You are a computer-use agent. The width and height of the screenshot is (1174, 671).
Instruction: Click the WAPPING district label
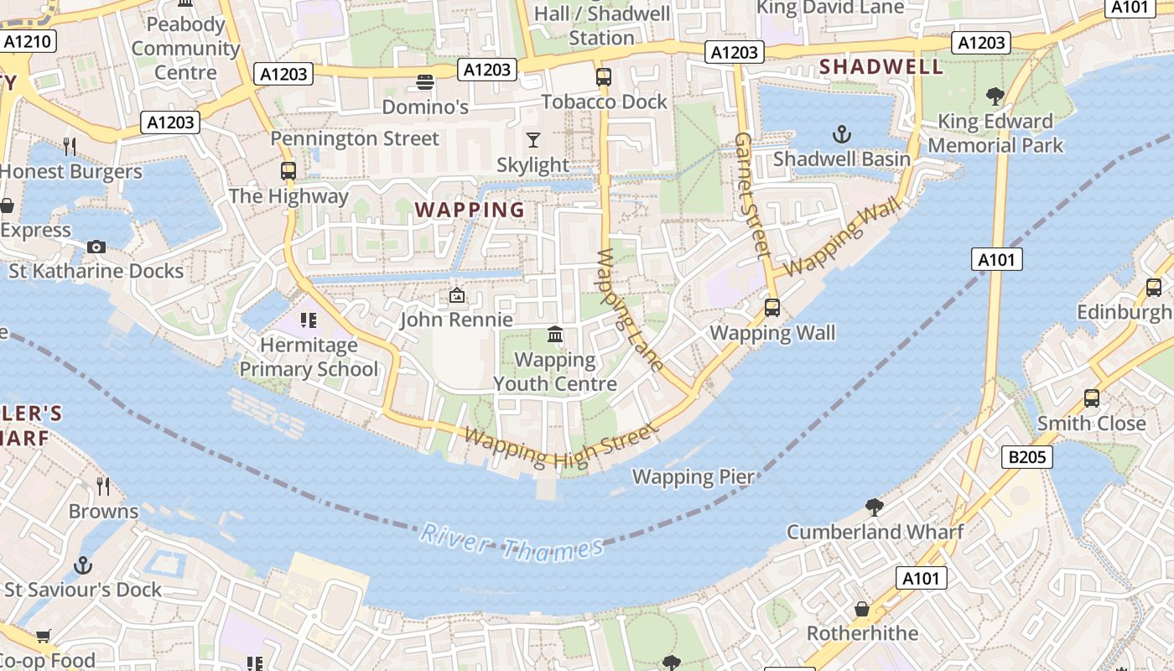coord(470,210)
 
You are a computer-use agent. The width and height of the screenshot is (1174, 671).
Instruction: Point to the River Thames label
coord(512,542)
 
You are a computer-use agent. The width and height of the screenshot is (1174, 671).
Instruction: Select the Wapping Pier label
coord(693,476)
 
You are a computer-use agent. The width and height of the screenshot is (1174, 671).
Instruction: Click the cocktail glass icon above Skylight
coord(532,139)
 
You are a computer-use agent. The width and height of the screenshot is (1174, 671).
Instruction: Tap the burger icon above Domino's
coord(425,82)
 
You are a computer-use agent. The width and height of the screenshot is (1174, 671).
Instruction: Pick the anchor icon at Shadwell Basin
coord(841,134)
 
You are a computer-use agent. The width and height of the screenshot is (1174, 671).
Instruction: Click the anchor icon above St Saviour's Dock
coord(82,565)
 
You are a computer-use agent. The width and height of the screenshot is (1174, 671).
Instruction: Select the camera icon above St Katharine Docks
coord(96,247)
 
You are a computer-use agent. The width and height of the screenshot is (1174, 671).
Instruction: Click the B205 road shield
coord(1026,457)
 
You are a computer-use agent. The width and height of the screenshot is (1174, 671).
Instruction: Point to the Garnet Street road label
coord(752,195)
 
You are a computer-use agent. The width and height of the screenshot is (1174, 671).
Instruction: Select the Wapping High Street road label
coord(559,448)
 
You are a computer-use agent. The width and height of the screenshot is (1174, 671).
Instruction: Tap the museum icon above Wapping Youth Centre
coord(554,335)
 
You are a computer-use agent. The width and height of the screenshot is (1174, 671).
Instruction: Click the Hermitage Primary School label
coord(309,357)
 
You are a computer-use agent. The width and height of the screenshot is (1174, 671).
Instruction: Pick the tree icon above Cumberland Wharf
coord(874,507)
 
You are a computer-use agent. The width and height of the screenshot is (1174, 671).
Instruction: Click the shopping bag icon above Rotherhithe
coord(862,608)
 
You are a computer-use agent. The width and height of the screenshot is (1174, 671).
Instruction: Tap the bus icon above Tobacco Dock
coord(604,77)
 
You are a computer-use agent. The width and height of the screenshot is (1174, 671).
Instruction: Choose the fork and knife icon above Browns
coord(103,486)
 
